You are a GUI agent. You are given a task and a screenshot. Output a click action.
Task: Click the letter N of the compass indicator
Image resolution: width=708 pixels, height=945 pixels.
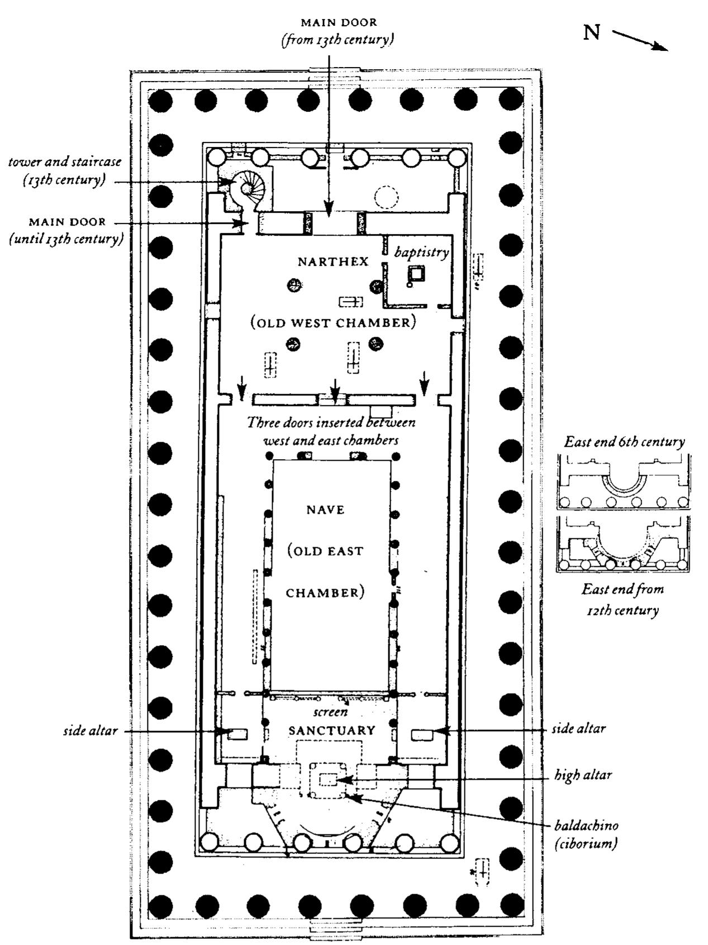[592, 33]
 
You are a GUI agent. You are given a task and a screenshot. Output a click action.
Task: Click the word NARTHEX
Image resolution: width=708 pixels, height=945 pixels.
[332, 261]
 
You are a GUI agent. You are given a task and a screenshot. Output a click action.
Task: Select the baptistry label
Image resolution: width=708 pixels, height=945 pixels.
[421, 252]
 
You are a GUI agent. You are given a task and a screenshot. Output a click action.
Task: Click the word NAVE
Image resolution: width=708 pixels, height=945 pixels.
[325, 509]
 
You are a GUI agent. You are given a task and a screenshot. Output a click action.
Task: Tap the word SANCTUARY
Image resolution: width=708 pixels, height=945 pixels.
[331, 731]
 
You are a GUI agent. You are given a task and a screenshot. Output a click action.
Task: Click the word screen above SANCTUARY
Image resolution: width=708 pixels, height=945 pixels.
[330, 712]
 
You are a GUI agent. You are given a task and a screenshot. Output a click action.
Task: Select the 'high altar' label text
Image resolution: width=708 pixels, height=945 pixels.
[583, 775]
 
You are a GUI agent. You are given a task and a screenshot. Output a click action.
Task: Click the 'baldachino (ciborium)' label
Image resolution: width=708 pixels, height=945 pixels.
[586, 834]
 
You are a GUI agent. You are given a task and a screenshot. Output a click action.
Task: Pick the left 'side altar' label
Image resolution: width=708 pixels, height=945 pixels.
[90, 731]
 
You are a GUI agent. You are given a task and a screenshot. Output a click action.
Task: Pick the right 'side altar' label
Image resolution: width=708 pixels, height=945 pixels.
[578, 729]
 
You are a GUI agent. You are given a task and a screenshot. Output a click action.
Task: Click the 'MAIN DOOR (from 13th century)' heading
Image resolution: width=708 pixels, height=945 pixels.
[339, 31]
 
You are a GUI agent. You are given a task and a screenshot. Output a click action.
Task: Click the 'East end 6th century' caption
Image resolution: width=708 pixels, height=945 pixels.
[624, 442]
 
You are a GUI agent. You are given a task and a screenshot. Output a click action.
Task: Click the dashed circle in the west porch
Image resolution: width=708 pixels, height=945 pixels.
[386, 197]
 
